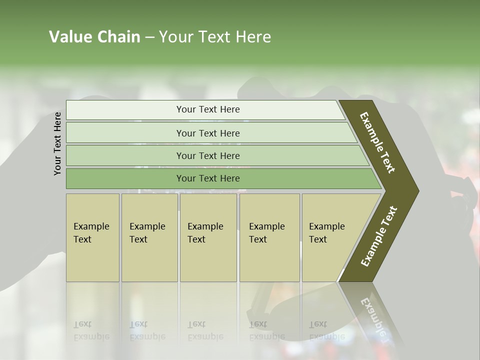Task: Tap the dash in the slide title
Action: [149, 37]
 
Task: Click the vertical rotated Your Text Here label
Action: [57, 143]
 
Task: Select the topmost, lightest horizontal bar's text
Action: [208, 109]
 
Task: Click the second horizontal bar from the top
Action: [208, 133]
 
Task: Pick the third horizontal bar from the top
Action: [208, 155]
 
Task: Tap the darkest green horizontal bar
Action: [208, 178]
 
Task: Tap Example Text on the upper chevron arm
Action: [377, 142]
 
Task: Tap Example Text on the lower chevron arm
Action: [378, 236]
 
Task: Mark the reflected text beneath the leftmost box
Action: [91, 330]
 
